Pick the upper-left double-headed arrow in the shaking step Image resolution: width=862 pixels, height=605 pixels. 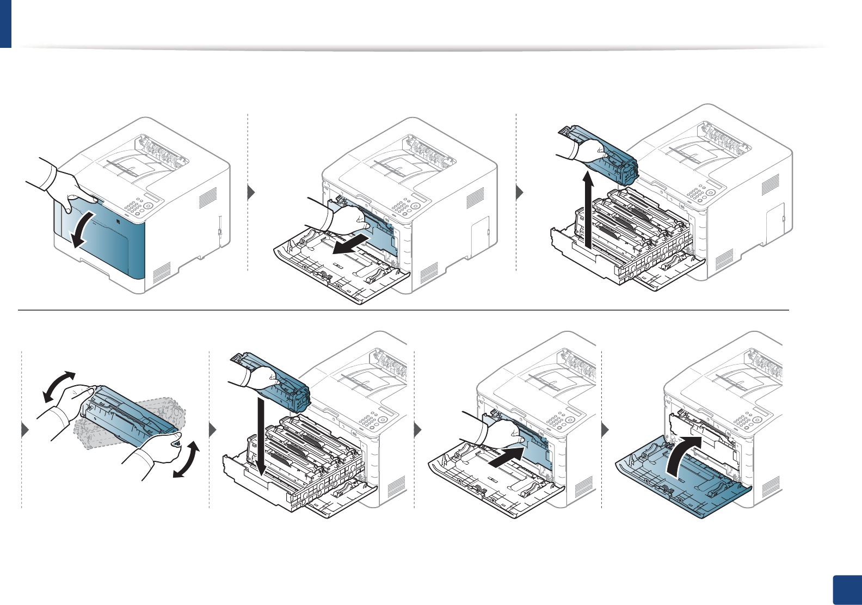point(58,386)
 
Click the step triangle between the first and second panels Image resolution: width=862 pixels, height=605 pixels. point(251,193)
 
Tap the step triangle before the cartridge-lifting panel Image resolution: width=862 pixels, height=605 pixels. point(520,193)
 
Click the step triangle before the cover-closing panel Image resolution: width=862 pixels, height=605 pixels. point(605,430)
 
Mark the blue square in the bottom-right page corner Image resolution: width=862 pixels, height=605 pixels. point(847,590)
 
